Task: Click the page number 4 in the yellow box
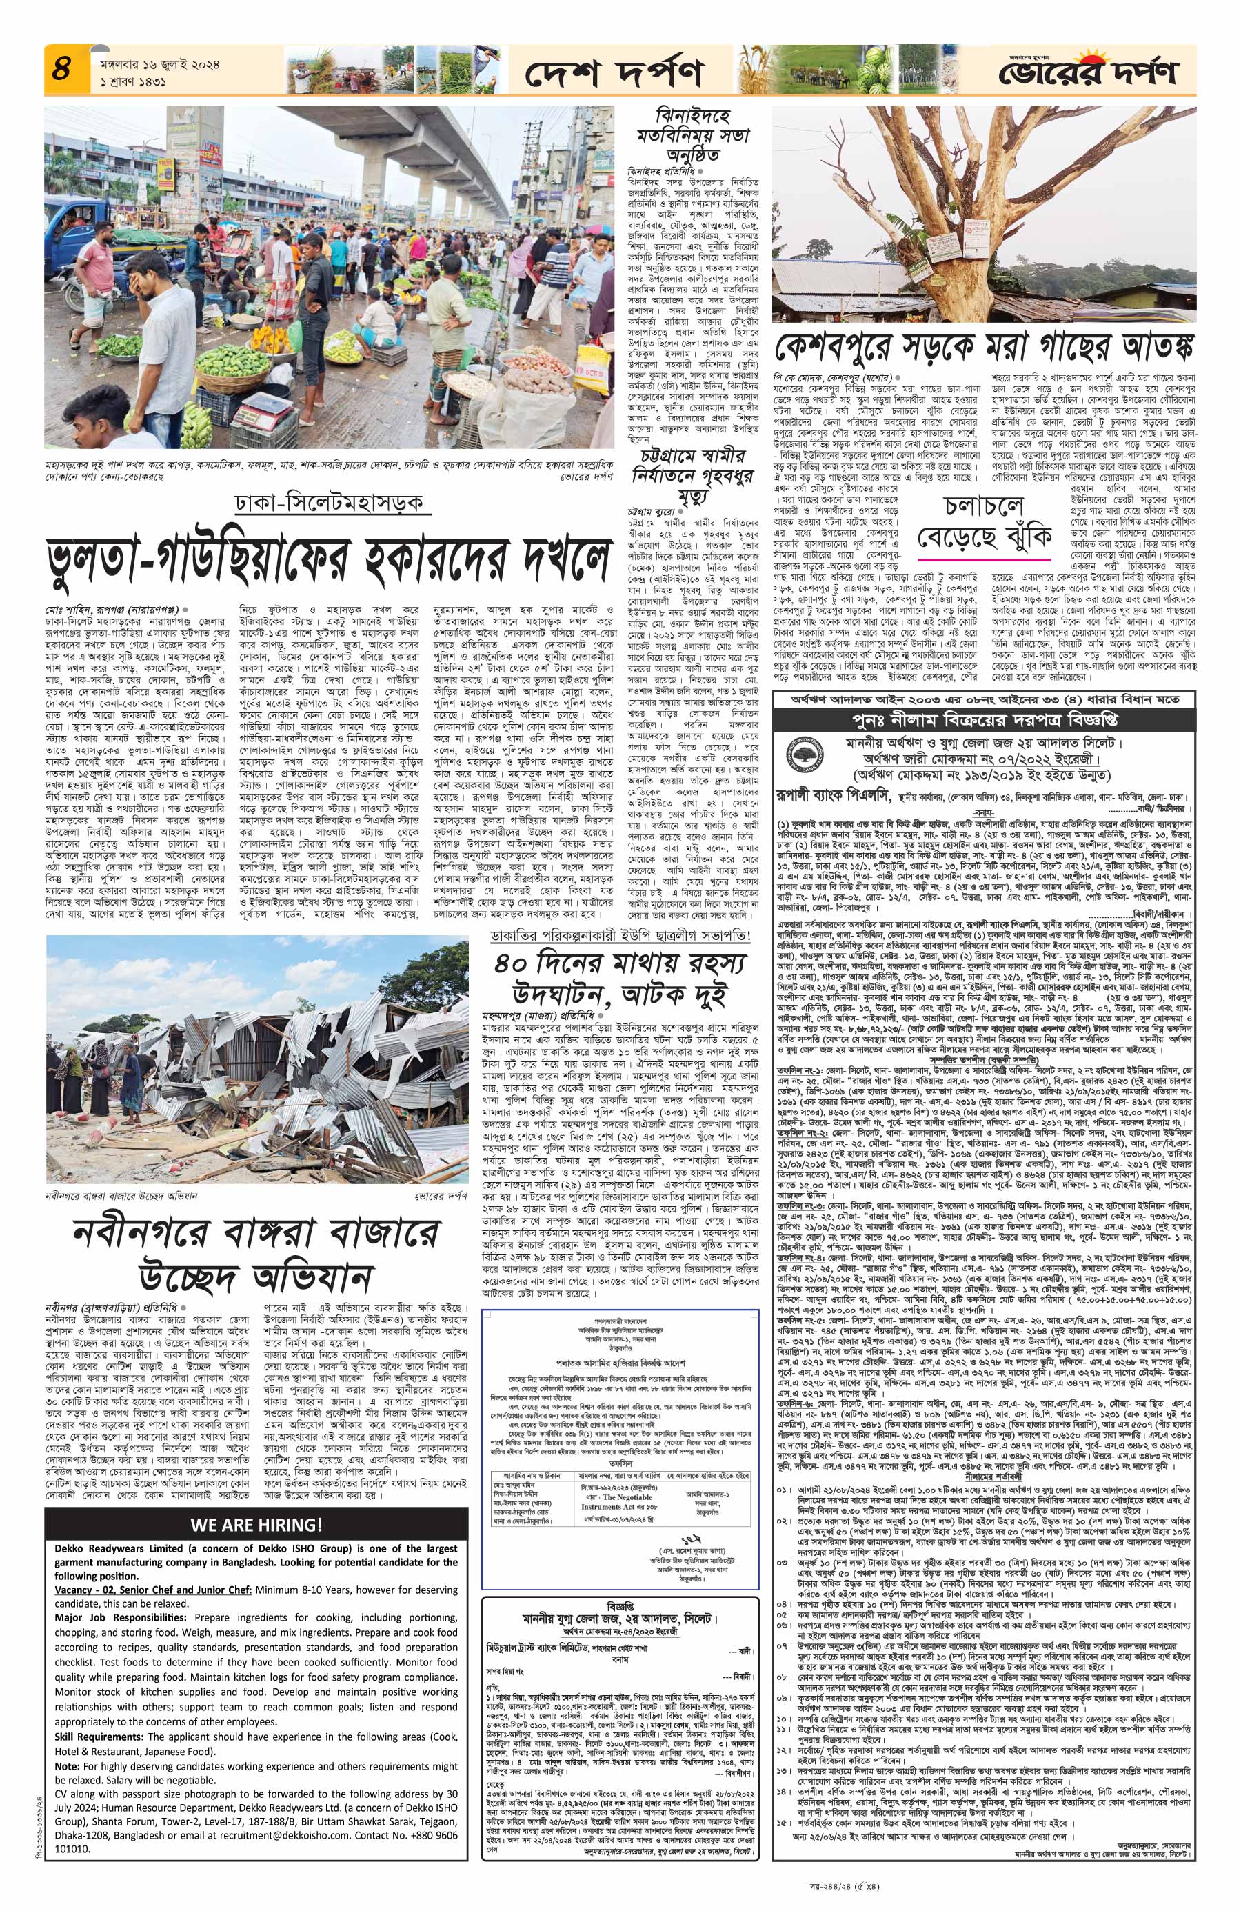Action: [62, 69]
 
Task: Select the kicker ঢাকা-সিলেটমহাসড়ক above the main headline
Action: [328, 503]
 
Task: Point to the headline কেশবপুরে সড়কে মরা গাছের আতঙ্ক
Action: [983, 348]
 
